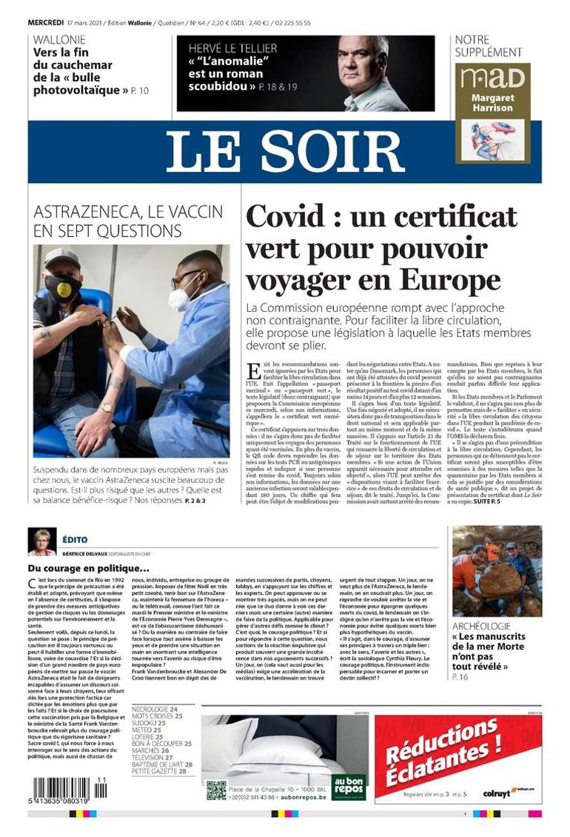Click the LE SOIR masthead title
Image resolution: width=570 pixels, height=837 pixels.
284,152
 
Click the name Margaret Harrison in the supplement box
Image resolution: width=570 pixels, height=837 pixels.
493,102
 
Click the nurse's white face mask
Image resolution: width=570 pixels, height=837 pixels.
179,298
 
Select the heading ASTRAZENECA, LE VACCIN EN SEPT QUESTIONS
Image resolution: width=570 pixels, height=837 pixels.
128,221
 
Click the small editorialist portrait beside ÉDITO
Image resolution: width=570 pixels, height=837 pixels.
41,541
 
